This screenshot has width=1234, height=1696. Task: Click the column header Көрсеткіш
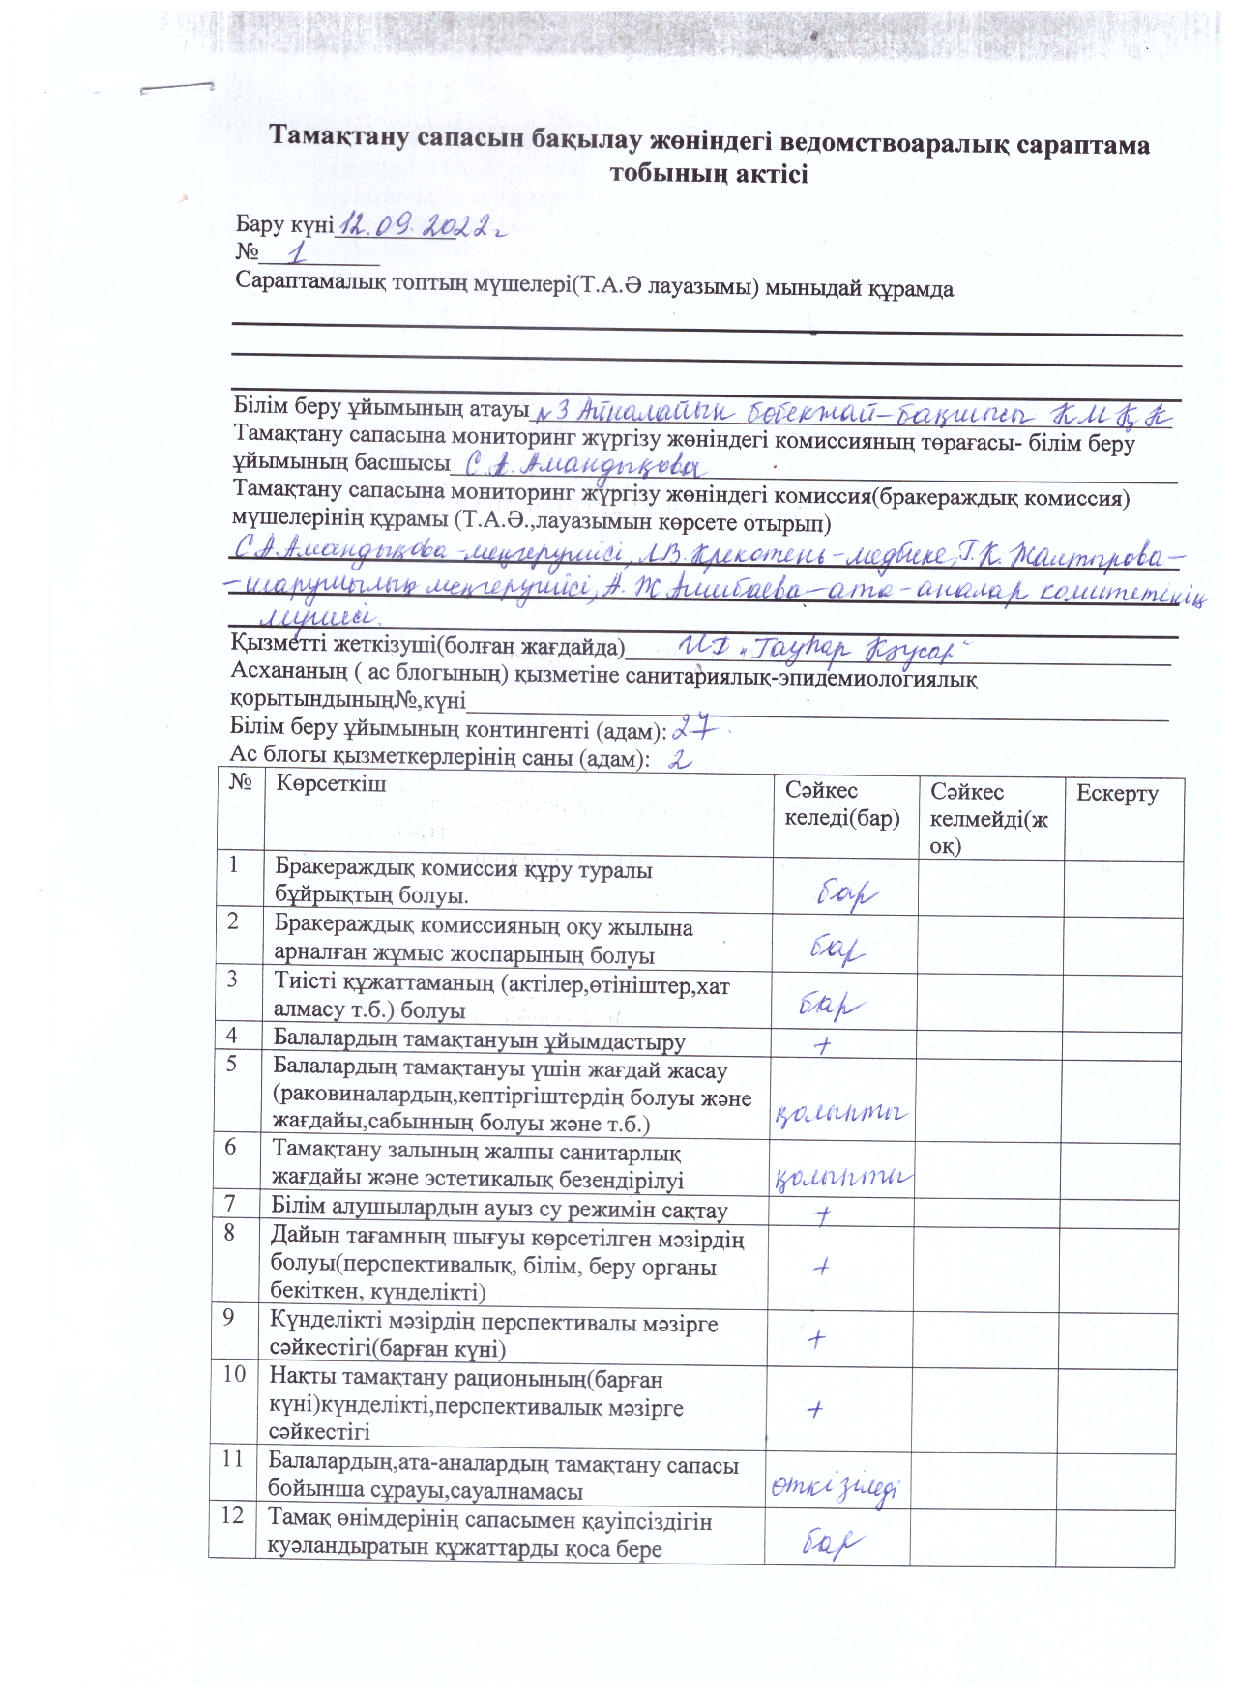coord(331,784)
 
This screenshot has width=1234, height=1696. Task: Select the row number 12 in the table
coord(232,1516)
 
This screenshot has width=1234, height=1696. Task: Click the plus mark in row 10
coord(815,1410)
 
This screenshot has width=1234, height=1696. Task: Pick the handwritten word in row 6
coord(843,1177)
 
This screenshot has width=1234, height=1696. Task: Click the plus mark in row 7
coord(824,1214)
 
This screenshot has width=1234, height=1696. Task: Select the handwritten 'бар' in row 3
coord(831,1006)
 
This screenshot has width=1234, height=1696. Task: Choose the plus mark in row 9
coord(818,1338)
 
